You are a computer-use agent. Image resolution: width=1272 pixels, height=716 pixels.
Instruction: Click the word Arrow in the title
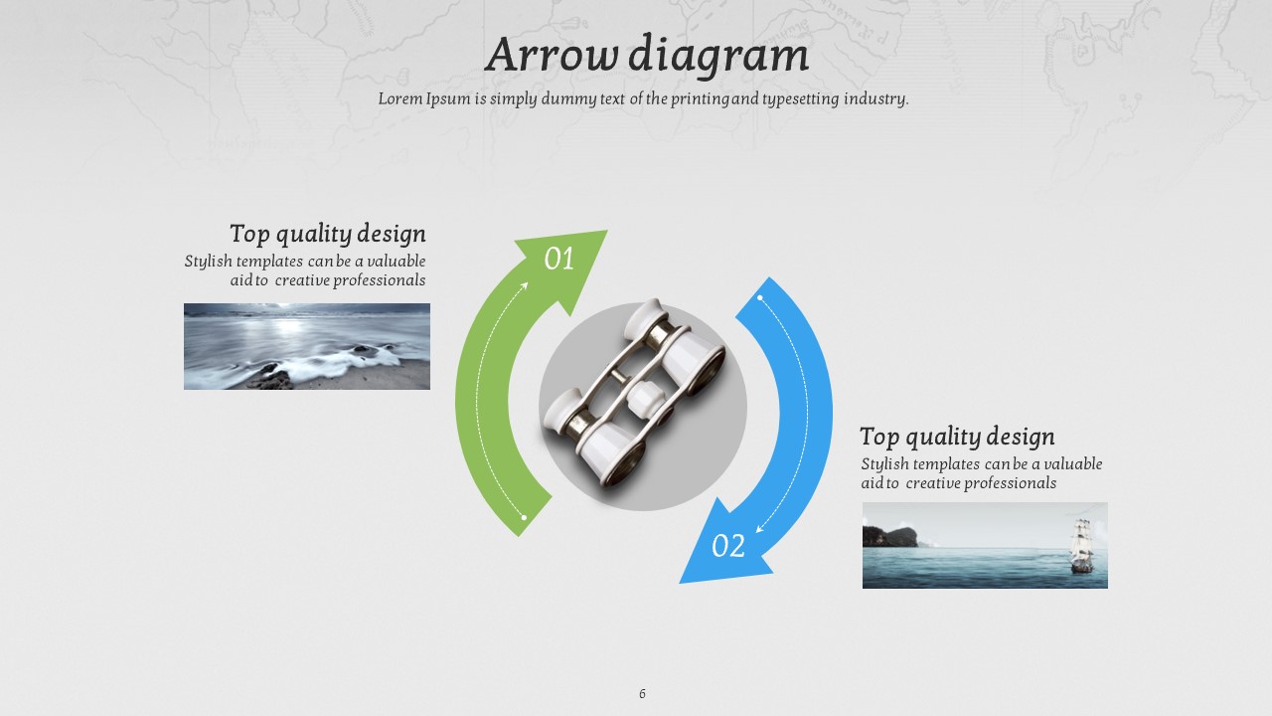(x=552, y=55)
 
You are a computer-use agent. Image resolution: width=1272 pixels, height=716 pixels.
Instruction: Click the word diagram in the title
(x=718, y=56)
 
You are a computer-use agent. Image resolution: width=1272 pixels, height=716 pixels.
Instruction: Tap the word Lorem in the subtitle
(x=400, y=98)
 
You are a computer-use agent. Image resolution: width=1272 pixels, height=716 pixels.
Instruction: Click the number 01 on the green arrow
(x=559, y=260)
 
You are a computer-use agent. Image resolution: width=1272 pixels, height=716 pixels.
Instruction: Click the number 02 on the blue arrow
(x=728, y=546)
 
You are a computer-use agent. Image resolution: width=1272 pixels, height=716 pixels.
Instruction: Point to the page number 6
(x=642, y=693)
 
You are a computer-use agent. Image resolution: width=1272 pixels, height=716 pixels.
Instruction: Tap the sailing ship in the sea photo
(x=1082, y=546)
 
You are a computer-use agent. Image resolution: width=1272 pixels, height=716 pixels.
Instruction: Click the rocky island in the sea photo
(x=889, y=536)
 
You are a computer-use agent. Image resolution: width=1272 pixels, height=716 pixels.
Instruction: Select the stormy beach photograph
(x=307, y=346)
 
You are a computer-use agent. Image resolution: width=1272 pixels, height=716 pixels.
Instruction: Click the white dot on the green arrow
(x=524, y=518)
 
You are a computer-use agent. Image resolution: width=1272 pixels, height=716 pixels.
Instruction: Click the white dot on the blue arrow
(x=760, y=297)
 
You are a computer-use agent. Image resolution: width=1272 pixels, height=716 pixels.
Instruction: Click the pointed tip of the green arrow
(x=607, y=231)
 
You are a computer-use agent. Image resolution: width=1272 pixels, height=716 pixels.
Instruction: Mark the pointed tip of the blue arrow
(x=681, y=583)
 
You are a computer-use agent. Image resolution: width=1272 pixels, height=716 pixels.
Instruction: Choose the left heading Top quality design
(x=328, y=234)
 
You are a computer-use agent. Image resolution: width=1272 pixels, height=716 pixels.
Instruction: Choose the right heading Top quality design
(x=957, y=437)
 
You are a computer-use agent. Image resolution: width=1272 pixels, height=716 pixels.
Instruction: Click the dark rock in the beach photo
(x=271, y=377)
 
